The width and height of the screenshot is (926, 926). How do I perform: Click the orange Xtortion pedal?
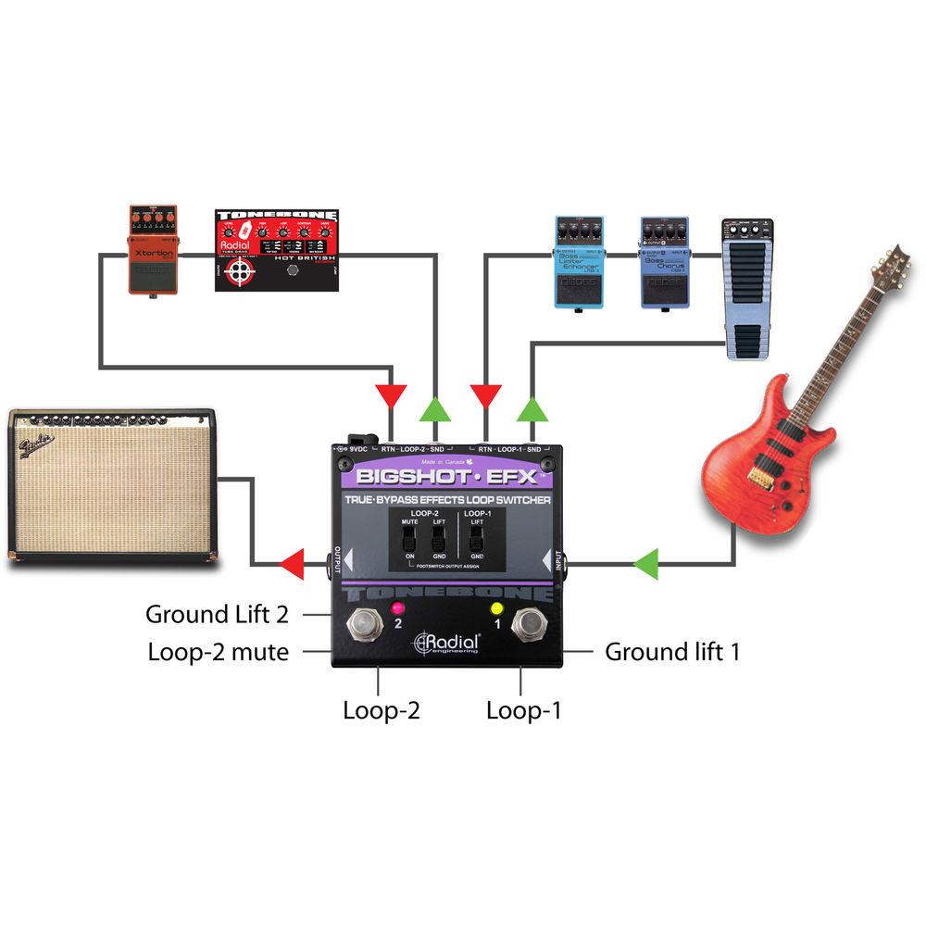coord(153,250)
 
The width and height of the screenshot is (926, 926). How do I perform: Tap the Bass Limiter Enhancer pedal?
coord(579,262)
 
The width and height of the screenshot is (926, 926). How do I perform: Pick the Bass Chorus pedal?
coord(664,262)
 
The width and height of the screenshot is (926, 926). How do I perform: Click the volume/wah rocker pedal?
coord(747,287)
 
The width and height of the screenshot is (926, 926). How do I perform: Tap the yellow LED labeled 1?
coord(496,608)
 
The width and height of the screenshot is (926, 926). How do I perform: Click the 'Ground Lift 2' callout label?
coord(217,614)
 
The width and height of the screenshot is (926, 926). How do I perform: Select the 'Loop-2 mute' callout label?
coord(218,652)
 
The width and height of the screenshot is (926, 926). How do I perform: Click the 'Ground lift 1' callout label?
coord(672,652)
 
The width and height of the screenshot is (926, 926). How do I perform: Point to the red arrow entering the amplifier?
coord(293,561)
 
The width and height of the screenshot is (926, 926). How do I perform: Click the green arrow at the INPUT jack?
coord(645,561)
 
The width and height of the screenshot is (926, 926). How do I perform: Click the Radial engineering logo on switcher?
coord(448,643)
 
